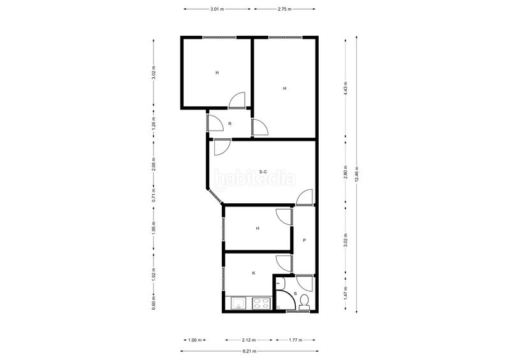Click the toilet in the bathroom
304,301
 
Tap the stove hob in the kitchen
261,304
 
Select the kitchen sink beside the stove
239,304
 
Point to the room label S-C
264,171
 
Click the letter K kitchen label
254,273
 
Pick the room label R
229,124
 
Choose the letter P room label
305,240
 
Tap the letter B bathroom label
295,294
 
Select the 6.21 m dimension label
249,351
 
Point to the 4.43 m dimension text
345,88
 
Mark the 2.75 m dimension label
285,10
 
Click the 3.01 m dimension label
217,10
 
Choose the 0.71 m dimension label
154,194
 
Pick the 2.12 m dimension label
250,340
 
